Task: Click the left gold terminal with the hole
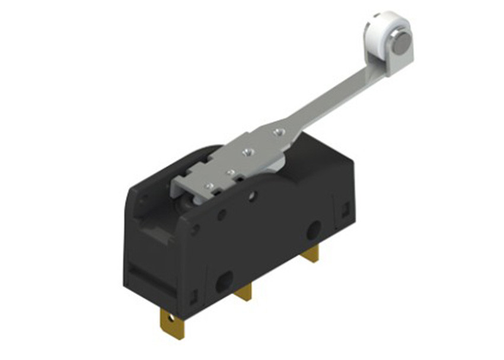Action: coord(172,323)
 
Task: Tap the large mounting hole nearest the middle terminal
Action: coord(224,281)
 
